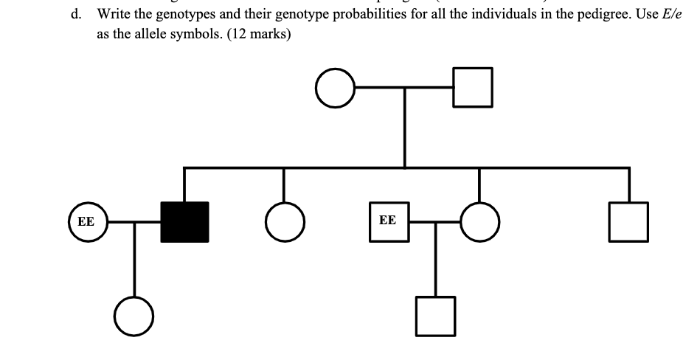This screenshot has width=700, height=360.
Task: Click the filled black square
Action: coord(184,221)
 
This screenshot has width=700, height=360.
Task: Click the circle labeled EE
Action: coord(87,221)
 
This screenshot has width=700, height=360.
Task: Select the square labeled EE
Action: coord(388,221)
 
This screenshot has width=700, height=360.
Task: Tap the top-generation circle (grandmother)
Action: coord(336,87)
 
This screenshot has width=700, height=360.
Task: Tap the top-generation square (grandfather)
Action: coord(473,87)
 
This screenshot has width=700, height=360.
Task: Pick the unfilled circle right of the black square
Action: coord(284,221)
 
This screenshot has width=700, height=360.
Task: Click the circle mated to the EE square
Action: coord(479,221)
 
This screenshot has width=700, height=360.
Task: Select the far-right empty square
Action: coord(629,221)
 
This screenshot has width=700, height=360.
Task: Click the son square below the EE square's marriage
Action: coord(435,314)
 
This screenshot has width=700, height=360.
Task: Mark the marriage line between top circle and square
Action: coord(404,87)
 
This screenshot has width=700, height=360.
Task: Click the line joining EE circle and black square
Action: coord(134,221)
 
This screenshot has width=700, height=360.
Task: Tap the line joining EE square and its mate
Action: coord(435,221)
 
